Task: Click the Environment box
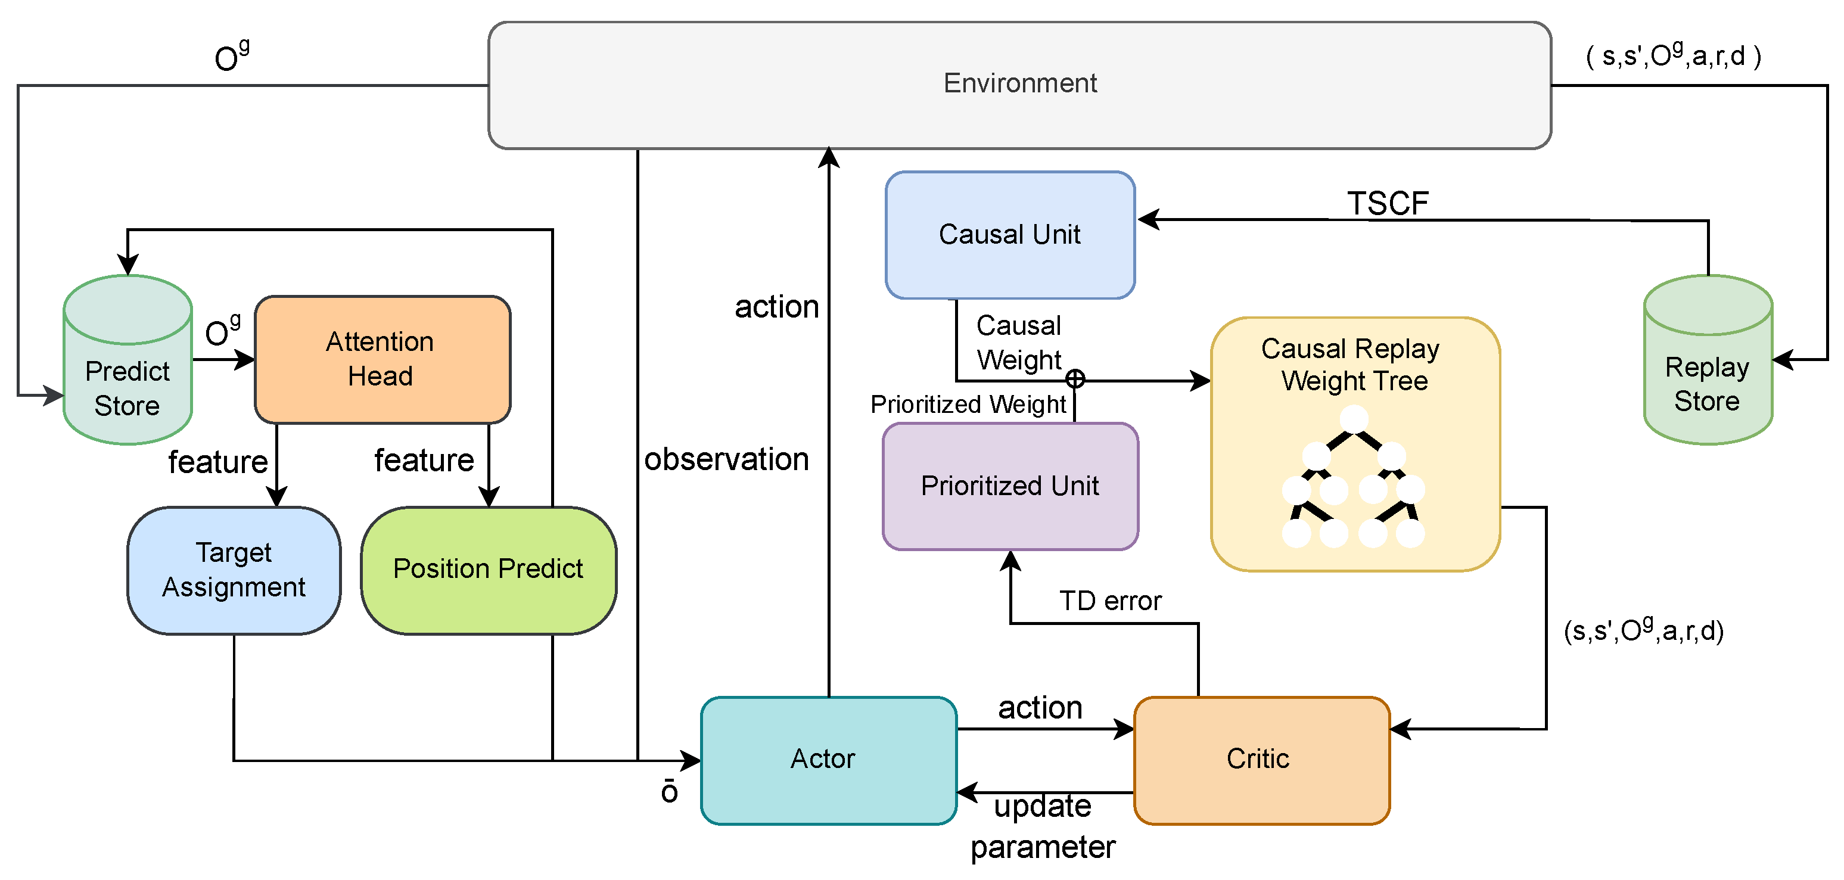1019,85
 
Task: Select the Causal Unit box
1009,234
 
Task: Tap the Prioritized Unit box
1009,486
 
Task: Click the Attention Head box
381,359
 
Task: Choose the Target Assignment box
234,570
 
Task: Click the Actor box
828,760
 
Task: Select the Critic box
1261,760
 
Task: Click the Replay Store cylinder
1708,372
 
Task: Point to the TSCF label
1387,203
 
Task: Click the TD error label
1110,601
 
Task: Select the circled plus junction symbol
1074,379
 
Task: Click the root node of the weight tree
1354,419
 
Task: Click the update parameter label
1042,826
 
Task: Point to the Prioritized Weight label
968,405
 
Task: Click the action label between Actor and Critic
1040,707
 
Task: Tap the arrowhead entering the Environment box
828,157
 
